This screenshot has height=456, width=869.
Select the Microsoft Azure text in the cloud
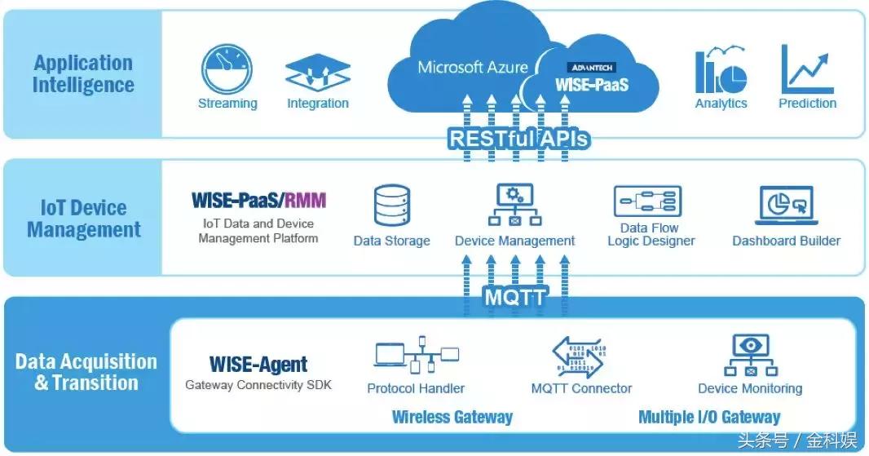[x=473, y=67]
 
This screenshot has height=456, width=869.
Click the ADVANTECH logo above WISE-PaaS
[x=592, y=67]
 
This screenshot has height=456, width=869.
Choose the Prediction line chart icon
[x=807, y=69]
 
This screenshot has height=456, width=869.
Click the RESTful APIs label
[x=518, y=139]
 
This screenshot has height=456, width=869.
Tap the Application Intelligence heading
[x=83, y=73]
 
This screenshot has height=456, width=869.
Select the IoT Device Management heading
[x=84, y=219]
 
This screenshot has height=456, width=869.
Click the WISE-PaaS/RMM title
[x=258, y=200]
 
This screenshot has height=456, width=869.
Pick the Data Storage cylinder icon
[x=391, y=206]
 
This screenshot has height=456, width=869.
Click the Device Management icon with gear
[x=514, y=205]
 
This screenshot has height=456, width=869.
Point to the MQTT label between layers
[x=514, y=297]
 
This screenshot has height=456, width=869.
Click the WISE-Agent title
[x=258, y=365]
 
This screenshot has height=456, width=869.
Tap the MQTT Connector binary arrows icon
[x=581, y=356]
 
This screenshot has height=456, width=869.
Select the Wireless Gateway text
[x=452, y=417]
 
